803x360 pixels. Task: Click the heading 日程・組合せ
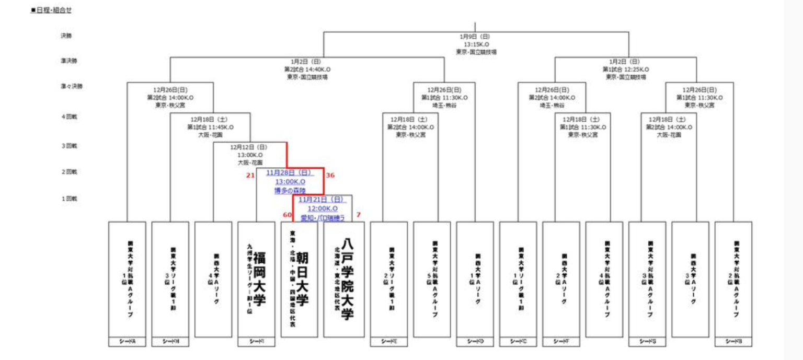point(51,10)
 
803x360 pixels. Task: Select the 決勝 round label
point(66,36)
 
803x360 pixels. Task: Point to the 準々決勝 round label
point(71,86)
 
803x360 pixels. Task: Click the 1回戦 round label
point(68,199)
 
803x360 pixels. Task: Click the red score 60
point(287,215)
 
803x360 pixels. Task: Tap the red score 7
point(359,215)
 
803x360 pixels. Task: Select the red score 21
point(250,176)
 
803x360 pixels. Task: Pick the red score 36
point(330,176)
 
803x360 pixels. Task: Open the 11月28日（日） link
point(290,172)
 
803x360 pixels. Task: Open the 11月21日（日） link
point(322,200)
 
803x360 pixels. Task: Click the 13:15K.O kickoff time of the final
point(475,44)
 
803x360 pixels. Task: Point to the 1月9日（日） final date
point(475,37)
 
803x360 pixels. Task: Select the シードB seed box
point(733,342)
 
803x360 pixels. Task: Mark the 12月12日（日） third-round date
point(249,147)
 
